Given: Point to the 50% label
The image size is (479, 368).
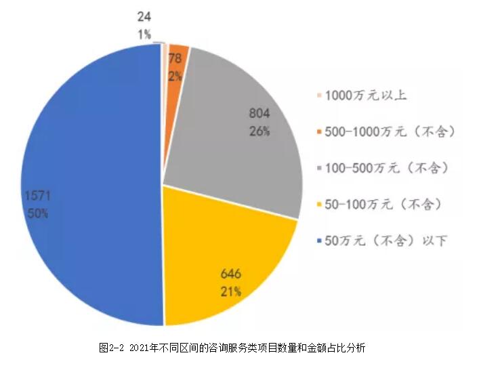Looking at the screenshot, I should (x=38, y=213).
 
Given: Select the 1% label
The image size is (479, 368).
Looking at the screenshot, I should (x=144, y=34).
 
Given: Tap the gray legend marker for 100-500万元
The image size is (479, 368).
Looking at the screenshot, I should (x=319, y=167).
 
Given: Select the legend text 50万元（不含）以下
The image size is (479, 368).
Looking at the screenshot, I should (x=386, y=240).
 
